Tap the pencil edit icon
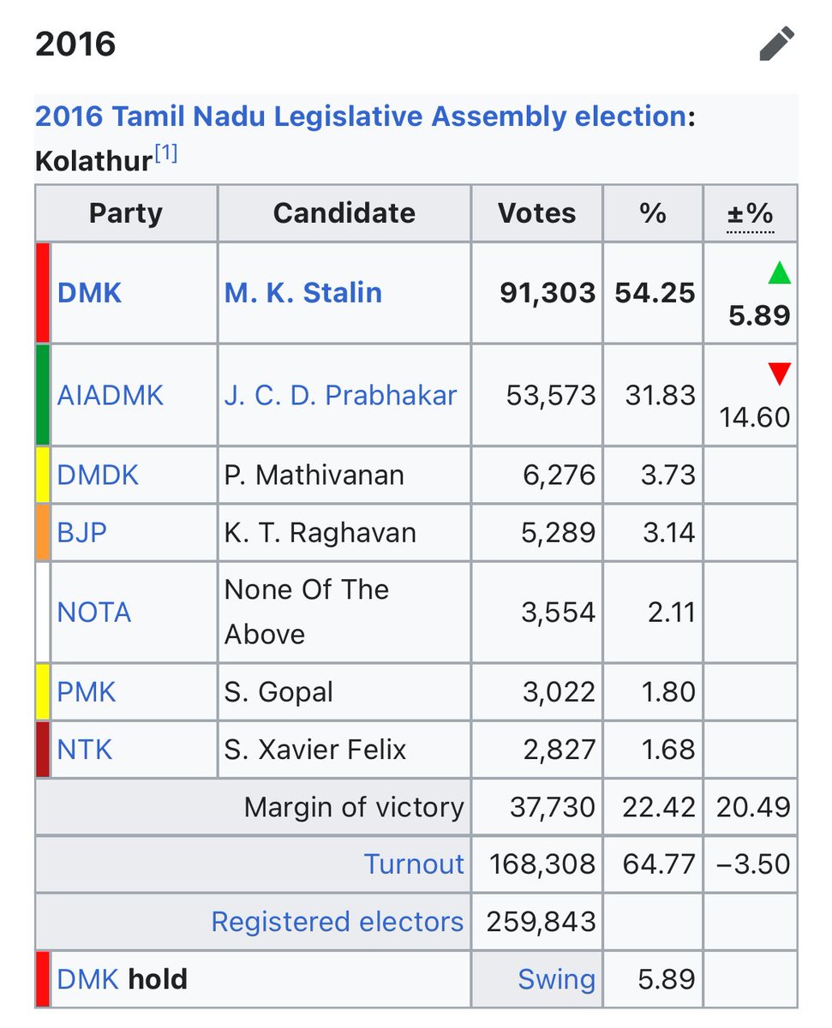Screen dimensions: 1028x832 [x=777, y=43]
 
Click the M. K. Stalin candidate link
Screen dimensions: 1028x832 [x=302, y=293]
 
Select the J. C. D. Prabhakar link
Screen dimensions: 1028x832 [x=340, y=395]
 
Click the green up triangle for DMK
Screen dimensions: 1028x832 [x=779, y=274]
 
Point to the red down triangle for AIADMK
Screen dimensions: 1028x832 [x=779, y=374]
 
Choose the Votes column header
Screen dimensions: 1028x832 [x=536, y=213]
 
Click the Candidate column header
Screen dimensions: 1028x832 [x=344, y=213]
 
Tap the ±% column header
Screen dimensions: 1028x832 [x=750, y=213]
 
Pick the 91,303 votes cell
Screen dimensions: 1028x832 [x=547, y=293]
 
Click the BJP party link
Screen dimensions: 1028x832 [x=81, y=533]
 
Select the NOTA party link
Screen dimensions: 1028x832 [x=93, y=612]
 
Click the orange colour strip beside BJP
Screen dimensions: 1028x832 [x=43, y=533]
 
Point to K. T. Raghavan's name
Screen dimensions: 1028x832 [x=320, y=533]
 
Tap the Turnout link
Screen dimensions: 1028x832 [x=414, y=864]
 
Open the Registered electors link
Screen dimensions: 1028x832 [x=337, y=922]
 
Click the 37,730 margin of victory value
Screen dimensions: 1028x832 [x=553, y=807]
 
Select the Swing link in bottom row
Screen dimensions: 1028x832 [x=556, y=979]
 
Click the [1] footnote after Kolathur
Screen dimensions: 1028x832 [x=165, y=154]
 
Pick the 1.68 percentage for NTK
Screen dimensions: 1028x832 [x=667, y=750]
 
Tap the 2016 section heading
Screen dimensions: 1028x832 [x=75, y=44]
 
